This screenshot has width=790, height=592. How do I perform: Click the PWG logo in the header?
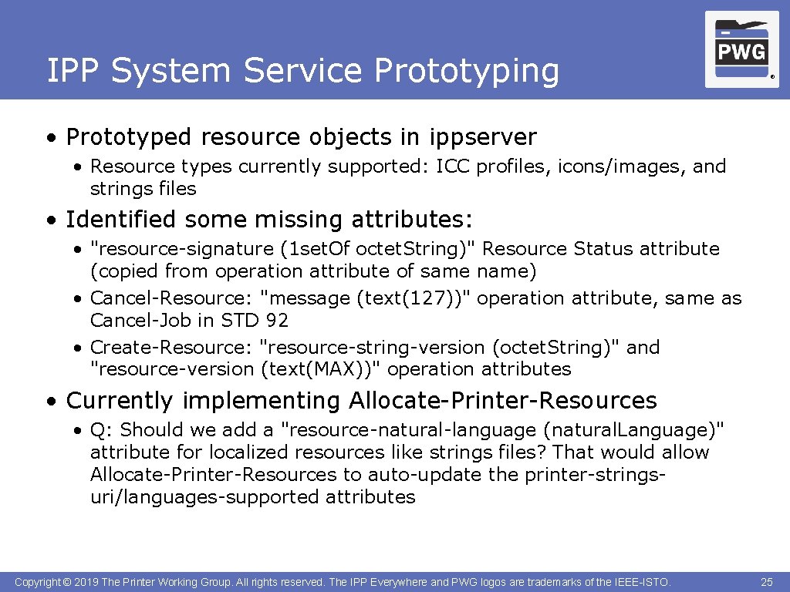[741, 50]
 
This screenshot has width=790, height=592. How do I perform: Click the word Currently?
[120, 401]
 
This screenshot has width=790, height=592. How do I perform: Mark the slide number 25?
[766, 582]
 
